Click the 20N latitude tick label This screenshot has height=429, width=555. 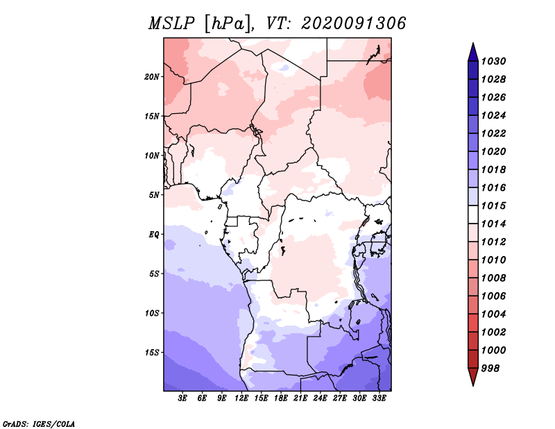pyautogui.click(x=152, y=77)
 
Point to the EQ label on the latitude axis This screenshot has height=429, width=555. pyautogui.click(x=154, y=235)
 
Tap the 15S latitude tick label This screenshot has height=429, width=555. pyautogui.click(x=152, y=353)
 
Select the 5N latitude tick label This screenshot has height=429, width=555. pyautogui.click(x=154, y=195)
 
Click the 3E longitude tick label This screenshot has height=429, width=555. pyautogui.click(x=182, y=398)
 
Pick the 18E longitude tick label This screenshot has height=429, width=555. pyautogui.click(x=281, y=398)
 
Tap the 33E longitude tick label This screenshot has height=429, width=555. pyautogui.click(x=379, y=398)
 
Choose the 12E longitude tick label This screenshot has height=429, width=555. pyautogui.click(x=241, y=398)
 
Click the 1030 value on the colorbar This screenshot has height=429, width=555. pyautogui.click(x=493, y=61)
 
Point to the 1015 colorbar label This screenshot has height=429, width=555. pyautogui.click(x=493, y=205)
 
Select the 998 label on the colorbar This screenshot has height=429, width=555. pyautogui.click(x=490, y=369)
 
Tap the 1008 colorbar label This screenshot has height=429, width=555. pyautogui.click(x=493, y=278)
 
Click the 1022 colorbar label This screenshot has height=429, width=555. pyautogui.click(x=493, y=133)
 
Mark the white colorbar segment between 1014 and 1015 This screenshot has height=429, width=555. pyautogui.click(x=473, y=214)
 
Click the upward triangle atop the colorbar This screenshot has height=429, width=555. pyautogui.click(x=473, y=53)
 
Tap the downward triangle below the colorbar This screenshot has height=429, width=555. pyautogui.click(x=473, y=377)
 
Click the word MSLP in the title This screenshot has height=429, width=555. pyautogui.click(x=171, y=24)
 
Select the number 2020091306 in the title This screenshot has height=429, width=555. pyautogui.click(x=353, y=24)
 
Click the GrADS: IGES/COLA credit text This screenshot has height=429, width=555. pyautogui.click(x=39, y=424)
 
